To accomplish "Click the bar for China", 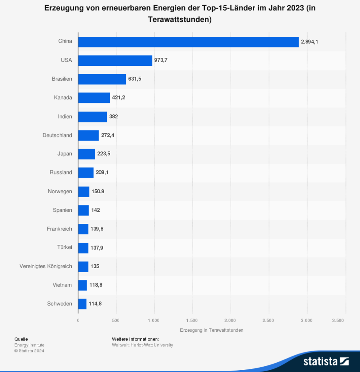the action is [x=189, y=42].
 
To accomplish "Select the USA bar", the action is [x=115, y=61].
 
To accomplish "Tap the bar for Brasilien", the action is [x=102, y=79].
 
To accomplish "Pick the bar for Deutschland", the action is [x=89, y=136].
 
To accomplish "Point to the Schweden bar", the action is [x=83, y=304].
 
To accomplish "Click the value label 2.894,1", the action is [x=309, y=42].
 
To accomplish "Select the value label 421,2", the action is [x=119, y=97].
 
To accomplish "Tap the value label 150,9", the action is [x=98, y=191].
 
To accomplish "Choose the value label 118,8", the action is [x=96, y=285].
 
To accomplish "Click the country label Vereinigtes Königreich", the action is [x=45, y=266].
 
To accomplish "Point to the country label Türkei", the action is [x=65, y=247].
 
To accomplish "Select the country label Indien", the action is [x=65, y=117].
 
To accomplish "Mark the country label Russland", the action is [x=61, y=172].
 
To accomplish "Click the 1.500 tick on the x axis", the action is [x=192, y=320].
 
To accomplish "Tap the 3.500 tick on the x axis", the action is [x=338, y=320].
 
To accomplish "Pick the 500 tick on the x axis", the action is [x=116, y=320].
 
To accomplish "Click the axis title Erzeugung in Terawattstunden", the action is [x=212, y=330].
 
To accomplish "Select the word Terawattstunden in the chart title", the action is [x=177, y=20].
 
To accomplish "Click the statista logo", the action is [x=326, y=361].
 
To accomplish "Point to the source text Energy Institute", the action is [x=29, y=345].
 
